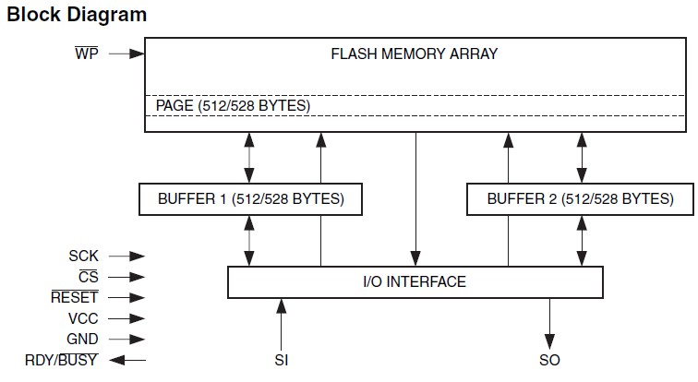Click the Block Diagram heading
(77, 15)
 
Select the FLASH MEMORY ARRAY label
(415, 54)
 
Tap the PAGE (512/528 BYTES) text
(233, 105)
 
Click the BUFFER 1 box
(248, 198)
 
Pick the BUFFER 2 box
(580, 198)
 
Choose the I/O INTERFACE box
(415, 281)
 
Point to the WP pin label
(87, 54)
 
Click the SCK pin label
(83, 256)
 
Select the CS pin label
(88, 277)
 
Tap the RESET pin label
(75, 297)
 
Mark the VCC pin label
(83, 318)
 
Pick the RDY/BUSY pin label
(63, 360)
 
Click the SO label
(549, 360)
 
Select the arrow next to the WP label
(126, 54)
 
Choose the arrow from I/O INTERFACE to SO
(549, 323)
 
